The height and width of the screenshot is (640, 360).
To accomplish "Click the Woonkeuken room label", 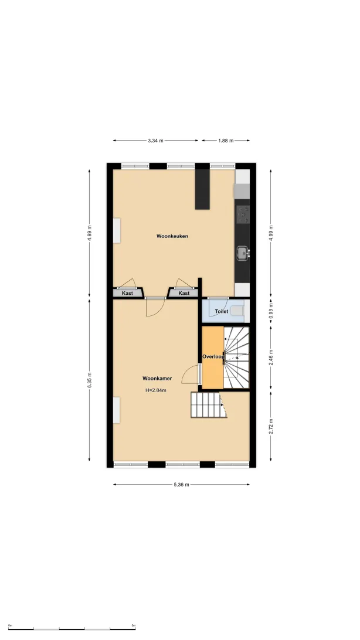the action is pos(172,236).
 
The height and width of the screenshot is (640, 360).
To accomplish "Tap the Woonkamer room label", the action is pos(157,379).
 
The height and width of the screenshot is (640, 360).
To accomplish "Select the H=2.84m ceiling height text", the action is pos(156,390).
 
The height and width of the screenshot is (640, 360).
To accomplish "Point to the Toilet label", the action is pos(222,311).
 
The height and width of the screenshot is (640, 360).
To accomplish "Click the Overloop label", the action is pos(213,356).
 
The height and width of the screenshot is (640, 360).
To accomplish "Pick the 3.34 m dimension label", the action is pos(155,141).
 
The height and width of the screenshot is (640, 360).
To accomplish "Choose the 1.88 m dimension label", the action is pos(226,141).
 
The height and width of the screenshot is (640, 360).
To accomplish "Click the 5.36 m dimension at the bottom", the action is pos(182,485).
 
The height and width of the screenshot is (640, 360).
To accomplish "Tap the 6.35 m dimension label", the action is pos(89,380).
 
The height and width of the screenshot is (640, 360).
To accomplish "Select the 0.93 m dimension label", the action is pos(271,312).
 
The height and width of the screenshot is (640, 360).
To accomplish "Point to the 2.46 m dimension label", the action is pos(271,358).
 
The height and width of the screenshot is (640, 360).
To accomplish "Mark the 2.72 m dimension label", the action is pos(271,426).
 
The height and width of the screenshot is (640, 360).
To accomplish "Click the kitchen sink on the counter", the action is pos(243,253).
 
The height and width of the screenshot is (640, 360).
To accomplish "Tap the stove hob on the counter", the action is pos(243,215).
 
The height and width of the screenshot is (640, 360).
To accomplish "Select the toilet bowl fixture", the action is pos(237,311).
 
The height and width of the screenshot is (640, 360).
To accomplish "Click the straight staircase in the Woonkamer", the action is pos(209,405).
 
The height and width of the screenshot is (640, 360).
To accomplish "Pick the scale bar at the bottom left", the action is pos(72,629).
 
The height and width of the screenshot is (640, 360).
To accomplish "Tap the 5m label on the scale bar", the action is pos(134,625).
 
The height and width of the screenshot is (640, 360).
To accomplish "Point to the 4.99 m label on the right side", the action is pos(271,233).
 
